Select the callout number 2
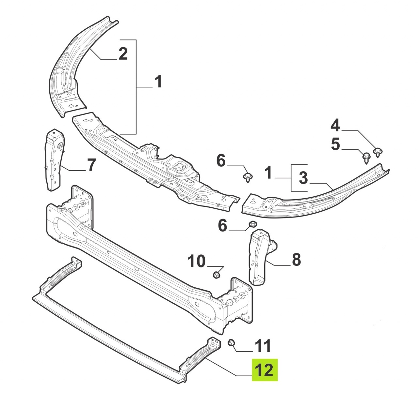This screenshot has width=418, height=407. pos(123,53)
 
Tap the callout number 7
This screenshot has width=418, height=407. pos(91,165)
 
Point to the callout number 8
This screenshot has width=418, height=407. pos(297,260)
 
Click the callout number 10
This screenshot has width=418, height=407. pos(196,261)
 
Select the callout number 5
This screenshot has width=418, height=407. pos(335,144)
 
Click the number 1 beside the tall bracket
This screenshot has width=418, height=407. pos(158,81)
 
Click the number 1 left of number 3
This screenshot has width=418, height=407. pos(268,173)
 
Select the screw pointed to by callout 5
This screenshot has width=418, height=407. pos(366,158)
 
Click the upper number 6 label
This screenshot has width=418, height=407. pos(221,161)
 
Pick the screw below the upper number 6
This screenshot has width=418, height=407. pos(248,177)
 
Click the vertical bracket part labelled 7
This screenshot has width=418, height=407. pos(54,159)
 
